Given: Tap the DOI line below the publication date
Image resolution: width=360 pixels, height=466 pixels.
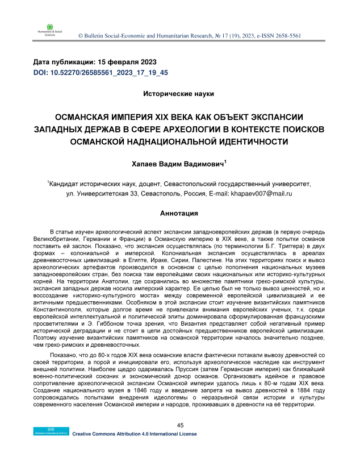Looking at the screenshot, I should pos(101,73).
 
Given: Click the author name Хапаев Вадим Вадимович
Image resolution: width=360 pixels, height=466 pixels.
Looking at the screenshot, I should pos(178,165).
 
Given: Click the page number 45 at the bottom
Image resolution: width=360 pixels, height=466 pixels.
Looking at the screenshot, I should pos(181,442).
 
